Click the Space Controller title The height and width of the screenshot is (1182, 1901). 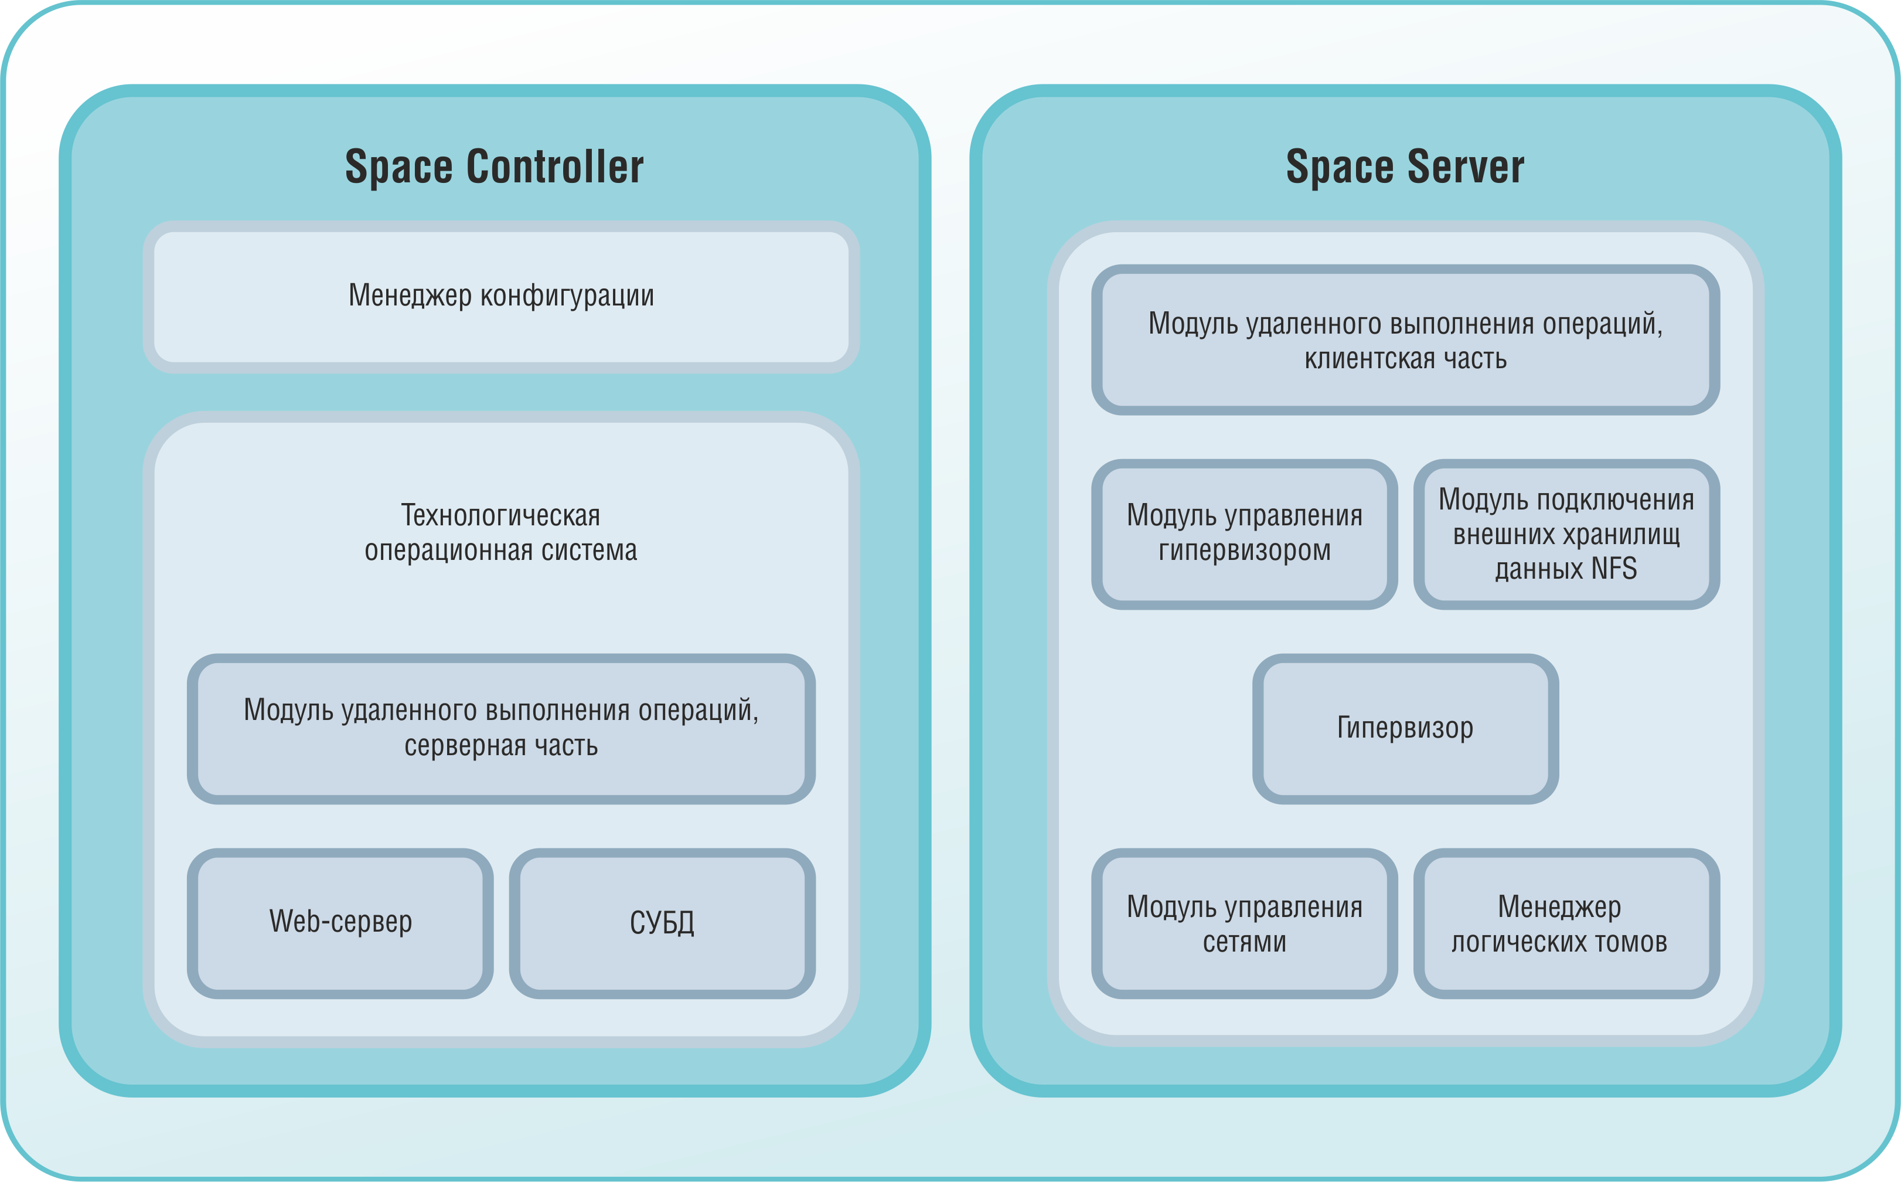coord(495,167)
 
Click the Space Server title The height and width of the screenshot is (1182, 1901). coord(1405,167)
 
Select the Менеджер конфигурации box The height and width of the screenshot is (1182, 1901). coord(501,297)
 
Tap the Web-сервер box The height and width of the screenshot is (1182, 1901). coord(340,923)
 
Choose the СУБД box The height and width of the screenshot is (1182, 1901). coord(662,923)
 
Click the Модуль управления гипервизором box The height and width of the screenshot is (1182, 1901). coord(1244,534)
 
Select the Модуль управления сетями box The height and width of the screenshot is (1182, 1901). coord(1244,923)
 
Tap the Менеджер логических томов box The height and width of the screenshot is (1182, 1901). coord(1566,923)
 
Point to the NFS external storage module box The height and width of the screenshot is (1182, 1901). coord(1566,534)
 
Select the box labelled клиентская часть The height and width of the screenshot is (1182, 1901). coord(1405,340)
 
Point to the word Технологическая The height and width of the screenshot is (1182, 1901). coord(501,516)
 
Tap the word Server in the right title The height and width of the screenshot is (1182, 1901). coord(1466,167)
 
